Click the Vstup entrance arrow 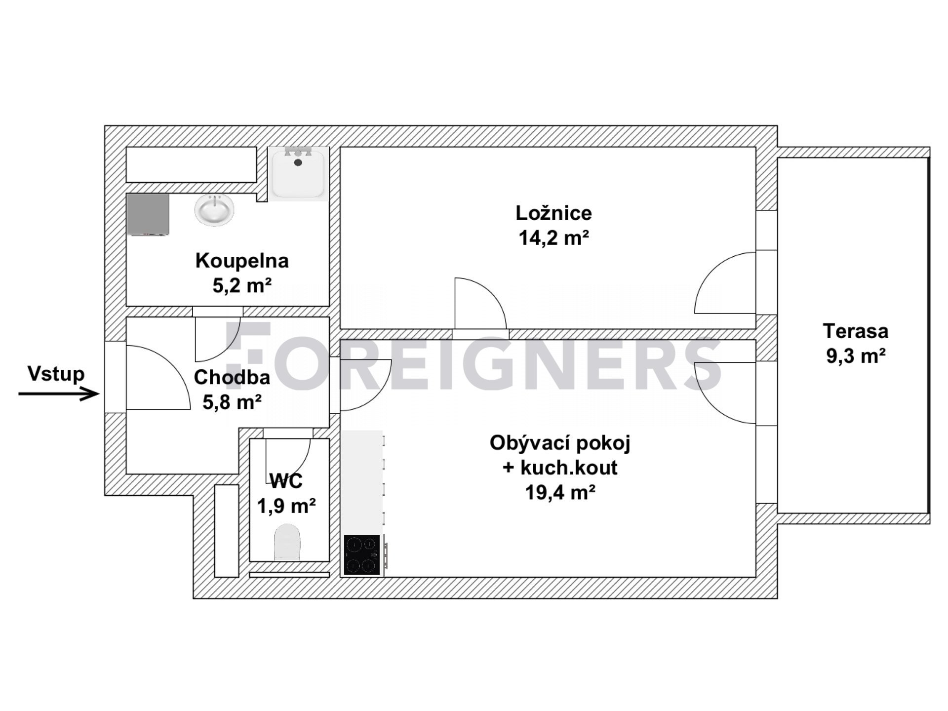pyautogui.click(x=59, y=394)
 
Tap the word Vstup pyautogui.click(x=56, y=374)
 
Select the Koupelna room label pyautogui.click(x=242, y=261)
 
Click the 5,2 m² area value pyautogui.click(x=242, y=285)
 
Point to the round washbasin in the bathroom pyautogui.click(x=214, y=210)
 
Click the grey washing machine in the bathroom pyautogui.click(x=148, y=214)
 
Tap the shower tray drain pyautogui.click(x=298, y=162)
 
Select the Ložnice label pyautogui.click(x=553, y=213)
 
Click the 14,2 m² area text pyautogui.click(x=553, y=238)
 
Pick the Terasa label pyautogui.click(x=856, y=331)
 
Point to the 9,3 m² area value pyautogui.click(x=856, y=355)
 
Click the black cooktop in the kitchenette pyautogui.click(x=362, y=554)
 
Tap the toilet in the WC pyautogui.click(x=287, y=542)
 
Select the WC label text pyautogui.click(x=286, y=480)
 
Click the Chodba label pyautogui.click(x=232, y=377)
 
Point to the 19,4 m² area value pyautogui.click(x=560, y=492)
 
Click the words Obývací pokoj pyautogui.click(x=560, y=443)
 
